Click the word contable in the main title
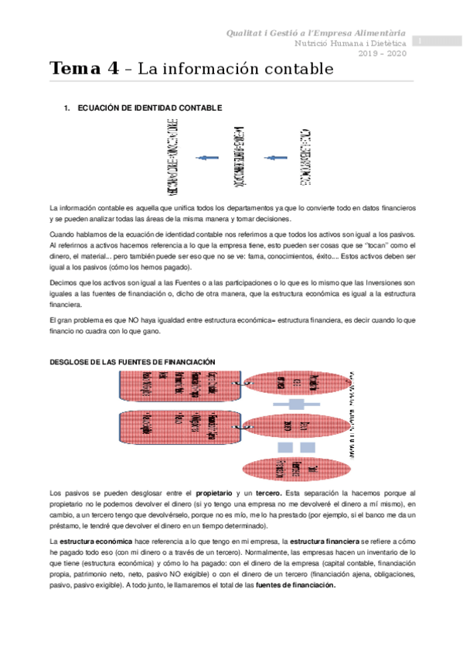[302, 69]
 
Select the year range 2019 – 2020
[381, 53]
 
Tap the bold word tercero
[269, 493]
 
